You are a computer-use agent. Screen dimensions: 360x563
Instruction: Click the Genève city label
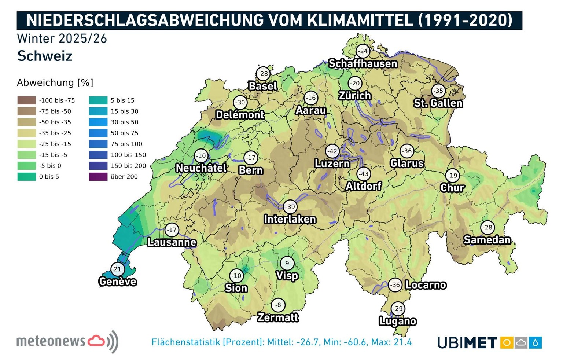coord(118,282)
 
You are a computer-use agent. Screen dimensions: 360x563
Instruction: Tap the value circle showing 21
coord(117,269)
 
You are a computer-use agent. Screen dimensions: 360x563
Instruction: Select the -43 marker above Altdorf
coord(364,174)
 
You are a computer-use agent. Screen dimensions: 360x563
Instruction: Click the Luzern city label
coord(332,164)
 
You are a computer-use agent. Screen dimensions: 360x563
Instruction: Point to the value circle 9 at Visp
coord(287,263)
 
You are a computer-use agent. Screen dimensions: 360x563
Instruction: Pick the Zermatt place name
coord(278,317)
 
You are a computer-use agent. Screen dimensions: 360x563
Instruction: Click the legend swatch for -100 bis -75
coord(26,100)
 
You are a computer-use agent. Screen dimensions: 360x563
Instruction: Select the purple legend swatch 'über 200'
coord(98,177)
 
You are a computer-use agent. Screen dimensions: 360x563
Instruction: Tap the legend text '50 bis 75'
coord(124,133)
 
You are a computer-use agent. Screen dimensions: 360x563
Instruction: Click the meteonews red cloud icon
coord(96,341)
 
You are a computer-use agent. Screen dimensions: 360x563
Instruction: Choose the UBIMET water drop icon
coord(536,343)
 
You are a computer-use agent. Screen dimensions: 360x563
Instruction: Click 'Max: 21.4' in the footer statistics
coord(391,342)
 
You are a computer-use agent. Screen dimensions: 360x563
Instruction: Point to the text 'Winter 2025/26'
coord(62,38)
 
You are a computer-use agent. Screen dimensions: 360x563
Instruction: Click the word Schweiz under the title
coord(45,56)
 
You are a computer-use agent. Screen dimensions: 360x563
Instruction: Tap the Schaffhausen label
coord(363,63)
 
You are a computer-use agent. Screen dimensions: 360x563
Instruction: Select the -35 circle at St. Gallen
coord(438,91)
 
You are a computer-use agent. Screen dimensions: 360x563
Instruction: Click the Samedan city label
coord(487,240)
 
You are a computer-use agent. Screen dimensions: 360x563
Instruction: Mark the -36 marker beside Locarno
coord(395,285)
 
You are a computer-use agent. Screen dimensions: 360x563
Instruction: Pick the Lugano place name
coord(398,321)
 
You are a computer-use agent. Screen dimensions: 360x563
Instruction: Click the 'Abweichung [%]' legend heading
coord(55,82)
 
